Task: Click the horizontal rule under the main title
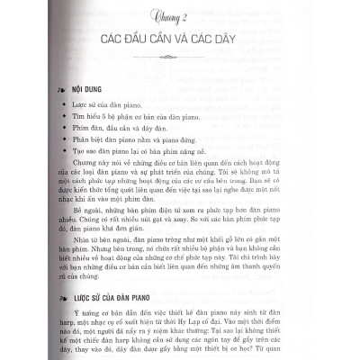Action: click(x=180, y=65)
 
